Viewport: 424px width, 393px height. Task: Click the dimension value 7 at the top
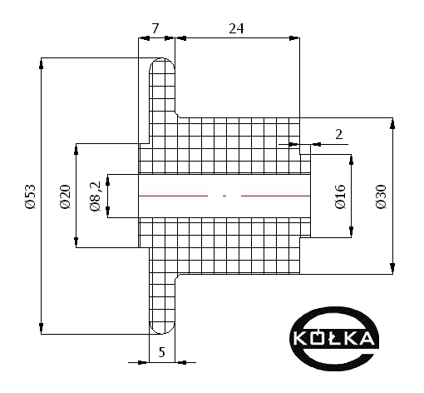[155, 28]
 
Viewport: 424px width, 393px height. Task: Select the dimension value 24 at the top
[236, 28]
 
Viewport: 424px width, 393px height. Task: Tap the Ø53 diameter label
[30, 196]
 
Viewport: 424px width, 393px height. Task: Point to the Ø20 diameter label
[65, 196]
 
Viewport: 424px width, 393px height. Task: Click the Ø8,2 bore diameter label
[96, 196]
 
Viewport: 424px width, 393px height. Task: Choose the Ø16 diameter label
[340, 196]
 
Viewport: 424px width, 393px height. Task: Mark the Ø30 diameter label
[381, 196]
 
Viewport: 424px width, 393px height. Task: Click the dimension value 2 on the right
[338, 135]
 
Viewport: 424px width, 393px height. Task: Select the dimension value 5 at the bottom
[161, 352]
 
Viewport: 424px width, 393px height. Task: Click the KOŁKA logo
[334, 339]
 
